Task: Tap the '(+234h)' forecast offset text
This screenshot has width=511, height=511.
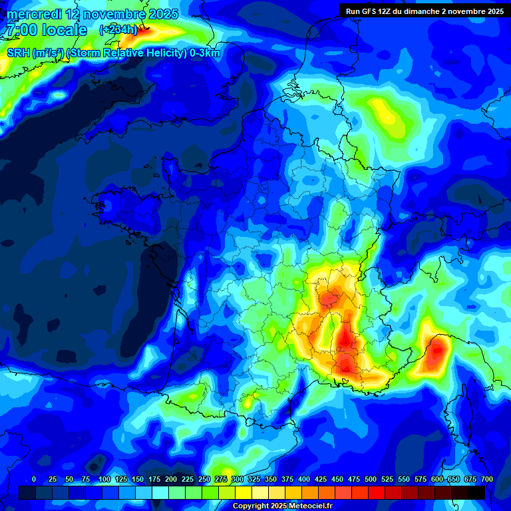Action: [118, 30]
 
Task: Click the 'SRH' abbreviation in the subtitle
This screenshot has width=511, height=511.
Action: [18, 53]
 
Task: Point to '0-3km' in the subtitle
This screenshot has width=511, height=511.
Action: [205, 53]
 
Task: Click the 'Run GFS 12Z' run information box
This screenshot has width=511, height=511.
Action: [424, 11]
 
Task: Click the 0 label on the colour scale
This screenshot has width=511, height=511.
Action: [34, 480]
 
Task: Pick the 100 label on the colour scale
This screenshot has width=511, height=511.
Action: [104, 480]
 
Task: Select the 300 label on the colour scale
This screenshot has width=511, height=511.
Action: [238, 480]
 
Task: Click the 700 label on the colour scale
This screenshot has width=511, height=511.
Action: [487, 480]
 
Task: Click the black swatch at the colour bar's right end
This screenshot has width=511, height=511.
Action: [476, 492]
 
